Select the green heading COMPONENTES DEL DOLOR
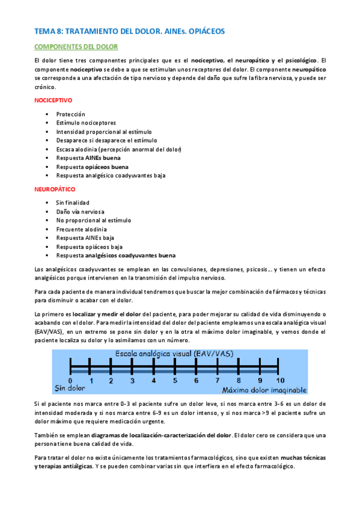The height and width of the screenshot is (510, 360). coord(76,46)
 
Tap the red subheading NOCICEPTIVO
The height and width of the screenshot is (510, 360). coord(54,100)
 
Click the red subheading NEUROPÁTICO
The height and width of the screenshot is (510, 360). coord(54,189)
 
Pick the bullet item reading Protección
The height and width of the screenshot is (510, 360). coord(71,114)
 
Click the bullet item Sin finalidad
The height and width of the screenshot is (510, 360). coord(72,203)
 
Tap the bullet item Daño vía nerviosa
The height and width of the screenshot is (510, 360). coord(80,212)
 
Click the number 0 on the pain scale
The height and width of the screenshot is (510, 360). coord(70,381)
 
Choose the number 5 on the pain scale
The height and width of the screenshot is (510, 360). coord(175,381)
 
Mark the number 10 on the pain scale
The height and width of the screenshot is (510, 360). coord(280,381)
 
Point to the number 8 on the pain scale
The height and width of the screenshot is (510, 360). coord(238,381)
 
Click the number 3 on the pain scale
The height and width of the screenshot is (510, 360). coord(133,381)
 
